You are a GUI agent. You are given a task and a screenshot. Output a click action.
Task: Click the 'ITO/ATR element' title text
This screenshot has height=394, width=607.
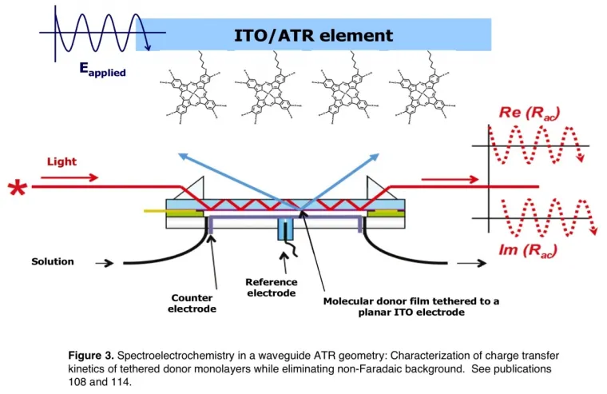(313, 35)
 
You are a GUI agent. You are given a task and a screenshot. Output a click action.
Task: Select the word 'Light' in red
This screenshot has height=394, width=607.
(61, 161)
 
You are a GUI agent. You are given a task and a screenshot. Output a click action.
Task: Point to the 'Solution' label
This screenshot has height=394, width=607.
(53, 261)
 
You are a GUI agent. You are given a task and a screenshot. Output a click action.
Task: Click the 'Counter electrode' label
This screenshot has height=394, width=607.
(192, 303)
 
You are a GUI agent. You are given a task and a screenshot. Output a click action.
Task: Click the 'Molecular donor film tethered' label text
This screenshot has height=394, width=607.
(411, 301)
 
